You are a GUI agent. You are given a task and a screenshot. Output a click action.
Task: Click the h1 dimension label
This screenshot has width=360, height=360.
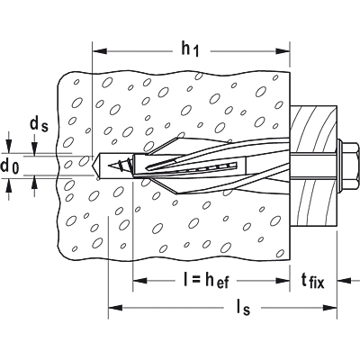pyautogui.click(x=190, y=49)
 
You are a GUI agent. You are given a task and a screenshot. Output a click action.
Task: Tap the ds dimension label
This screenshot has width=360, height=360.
pyautogui.click(x=39, y=124)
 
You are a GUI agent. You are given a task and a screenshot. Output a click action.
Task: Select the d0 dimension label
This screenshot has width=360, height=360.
pyautogui.click(x=10, y=166)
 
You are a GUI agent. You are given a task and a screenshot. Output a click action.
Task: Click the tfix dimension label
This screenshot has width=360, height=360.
pyautogui.click(x=313, y=281)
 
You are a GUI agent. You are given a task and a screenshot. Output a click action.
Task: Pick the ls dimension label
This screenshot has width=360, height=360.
pyautogui.click(x=242, y=308)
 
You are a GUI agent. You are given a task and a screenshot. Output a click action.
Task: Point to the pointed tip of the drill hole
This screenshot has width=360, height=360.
pyautogui.click(x=93, y=166)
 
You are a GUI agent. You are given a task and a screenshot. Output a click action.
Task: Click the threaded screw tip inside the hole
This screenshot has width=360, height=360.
pyautogui.click(x=119, y=165)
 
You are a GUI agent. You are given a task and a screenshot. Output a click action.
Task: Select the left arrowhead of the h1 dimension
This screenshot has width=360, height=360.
pyautogui.click(x=100, y=51)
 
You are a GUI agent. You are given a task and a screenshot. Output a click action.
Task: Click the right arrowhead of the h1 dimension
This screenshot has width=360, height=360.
pyautogui.click(x=283, y=51)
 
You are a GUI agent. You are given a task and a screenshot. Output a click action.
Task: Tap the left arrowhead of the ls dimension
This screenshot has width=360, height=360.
pyautogui.click(x=115, y=308)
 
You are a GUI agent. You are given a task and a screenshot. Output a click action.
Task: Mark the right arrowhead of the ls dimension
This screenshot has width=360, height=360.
pyautogui.click(x=329, y=308)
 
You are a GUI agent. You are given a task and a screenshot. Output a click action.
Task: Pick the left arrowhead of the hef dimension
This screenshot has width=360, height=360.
pyautogui.click(x=139, y=281)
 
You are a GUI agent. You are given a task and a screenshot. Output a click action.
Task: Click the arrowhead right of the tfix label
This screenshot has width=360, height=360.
pyautogui.click(x=345, y=281)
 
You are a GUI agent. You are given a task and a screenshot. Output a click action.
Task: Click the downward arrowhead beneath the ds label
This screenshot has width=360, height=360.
pyautogui.click(x=35, y=148)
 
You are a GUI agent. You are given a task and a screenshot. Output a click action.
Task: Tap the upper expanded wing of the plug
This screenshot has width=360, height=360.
pyautogui.click(x=166, y=146)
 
